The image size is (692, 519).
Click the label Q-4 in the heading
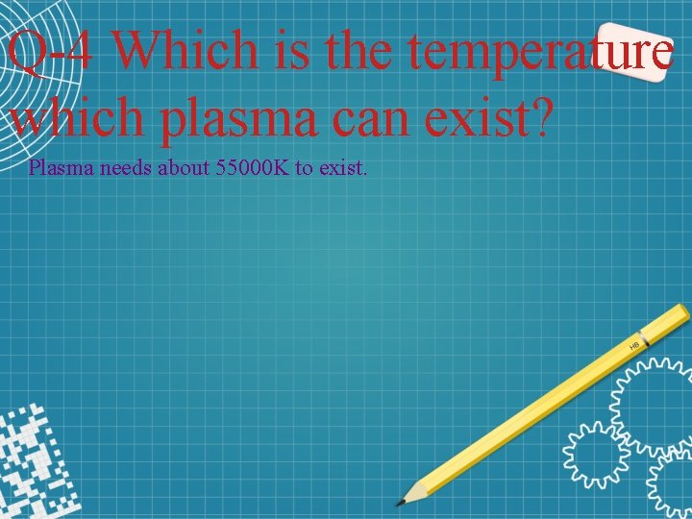50,50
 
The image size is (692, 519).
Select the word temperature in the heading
538,50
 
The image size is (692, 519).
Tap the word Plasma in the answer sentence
57,167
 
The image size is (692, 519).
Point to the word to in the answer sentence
304,167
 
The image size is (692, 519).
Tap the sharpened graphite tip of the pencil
402,501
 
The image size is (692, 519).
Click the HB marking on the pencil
634,343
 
